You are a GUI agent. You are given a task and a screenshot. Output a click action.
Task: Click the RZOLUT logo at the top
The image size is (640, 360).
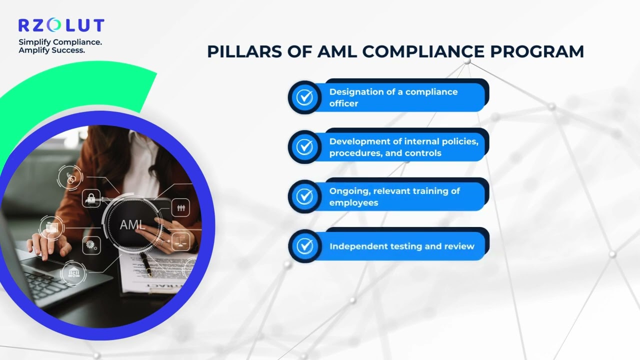pyautogui.click(x=61, y=25)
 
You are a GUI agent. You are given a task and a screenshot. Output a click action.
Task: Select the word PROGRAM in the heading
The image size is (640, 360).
pyautogui.click(x=537, y=51)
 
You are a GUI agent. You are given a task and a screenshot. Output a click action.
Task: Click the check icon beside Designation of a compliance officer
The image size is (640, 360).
pyautogui.click(x=304, y=97)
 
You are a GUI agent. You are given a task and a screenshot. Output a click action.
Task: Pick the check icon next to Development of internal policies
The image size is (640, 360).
pyautogui.click(x=304, y=147)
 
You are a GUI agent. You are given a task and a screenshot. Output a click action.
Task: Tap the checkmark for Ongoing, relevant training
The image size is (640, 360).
pyautogui.click(x=304, y=196)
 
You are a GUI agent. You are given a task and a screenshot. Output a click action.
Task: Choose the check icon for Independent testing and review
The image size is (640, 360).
pyautogui.click(x=304, y=246)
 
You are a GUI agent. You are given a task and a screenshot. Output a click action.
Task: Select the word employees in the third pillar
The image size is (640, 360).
pyautogui.click(x=353, y=203)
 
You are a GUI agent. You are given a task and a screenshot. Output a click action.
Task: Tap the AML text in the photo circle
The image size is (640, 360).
pyautogui.click(x=131, y=225)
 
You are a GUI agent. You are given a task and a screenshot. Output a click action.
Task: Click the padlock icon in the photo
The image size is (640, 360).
pyautogui.click(x=91, y=198)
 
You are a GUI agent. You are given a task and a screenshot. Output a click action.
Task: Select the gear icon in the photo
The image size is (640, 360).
pyautogui.click(x=91, y=245)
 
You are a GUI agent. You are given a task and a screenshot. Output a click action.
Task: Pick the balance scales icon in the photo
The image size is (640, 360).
pyautogui.click(x=180, y=241)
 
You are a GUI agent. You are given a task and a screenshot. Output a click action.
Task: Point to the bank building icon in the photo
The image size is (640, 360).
pyautogui.click(x=73, y=273)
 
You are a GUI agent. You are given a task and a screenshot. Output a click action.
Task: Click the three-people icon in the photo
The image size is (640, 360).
pyautogui.click(x=180, y=207)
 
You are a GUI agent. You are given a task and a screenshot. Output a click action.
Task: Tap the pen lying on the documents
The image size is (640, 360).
pyautogui.click(x=146, y=264)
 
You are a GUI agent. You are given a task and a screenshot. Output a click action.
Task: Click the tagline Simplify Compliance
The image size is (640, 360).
pyautogui.click(x=60, y=42)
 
